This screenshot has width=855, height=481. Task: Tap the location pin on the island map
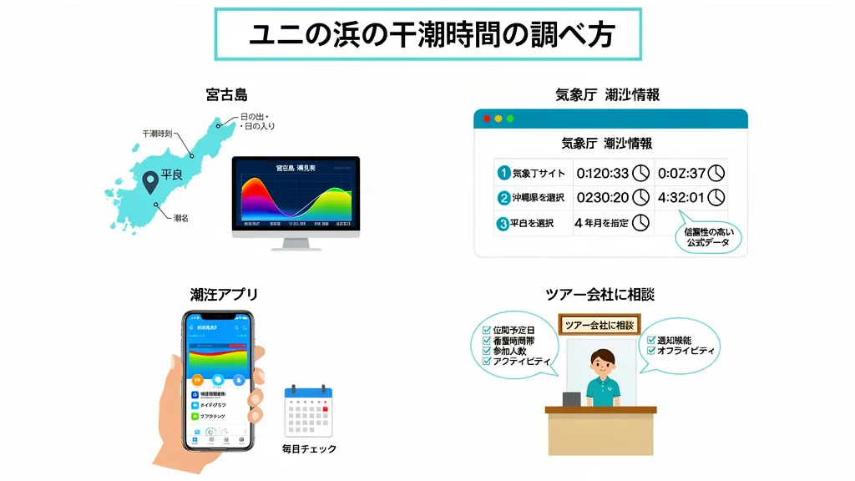[150, 180]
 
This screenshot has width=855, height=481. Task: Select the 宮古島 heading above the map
[226, 94]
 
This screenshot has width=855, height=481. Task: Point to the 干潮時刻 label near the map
[157, 134]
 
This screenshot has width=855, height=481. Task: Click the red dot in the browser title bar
[487, 119]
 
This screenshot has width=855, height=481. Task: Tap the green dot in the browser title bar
[510, 119]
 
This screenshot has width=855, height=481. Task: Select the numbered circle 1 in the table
[503, 174]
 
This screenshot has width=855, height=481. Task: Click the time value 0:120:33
[600, 174]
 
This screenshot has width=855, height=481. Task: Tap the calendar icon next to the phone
[308, 412]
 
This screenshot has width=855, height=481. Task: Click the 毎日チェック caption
[309, 449]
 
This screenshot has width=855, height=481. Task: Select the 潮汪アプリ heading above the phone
[224, 294]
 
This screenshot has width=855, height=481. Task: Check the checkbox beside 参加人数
[487, 352]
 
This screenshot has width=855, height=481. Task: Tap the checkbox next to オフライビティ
[651, 352]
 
